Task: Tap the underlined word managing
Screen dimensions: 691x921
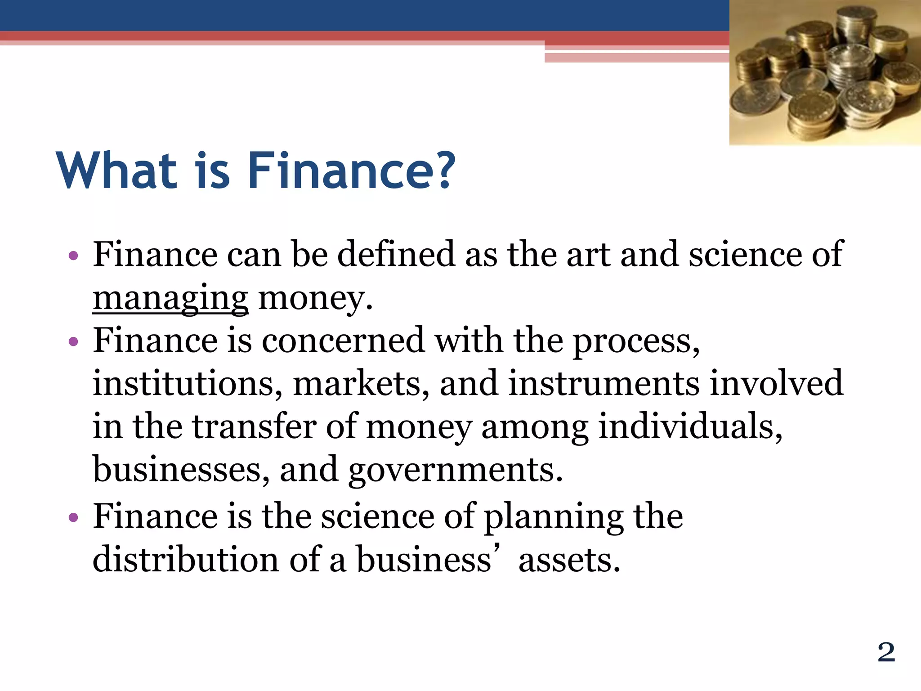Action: pyautogui.click(x=170, y=299)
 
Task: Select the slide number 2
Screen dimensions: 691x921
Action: pyautogui.click(x=886, y=652)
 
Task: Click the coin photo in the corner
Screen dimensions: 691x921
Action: pyautogui.click(x=825, y=72)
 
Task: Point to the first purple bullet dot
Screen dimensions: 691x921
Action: pyautogui.click(x=74, y=256)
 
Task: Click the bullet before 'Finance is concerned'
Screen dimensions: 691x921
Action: pyautogui.click(x=74, y=342)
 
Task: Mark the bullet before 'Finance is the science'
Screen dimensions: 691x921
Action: pyautogui.click(x=74, y=517)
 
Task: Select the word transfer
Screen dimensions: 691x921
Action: pyautogui.click(x=255, y=426)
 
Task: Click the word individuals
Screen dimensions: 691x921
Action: pyautogui.click(x=690, y=426)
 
